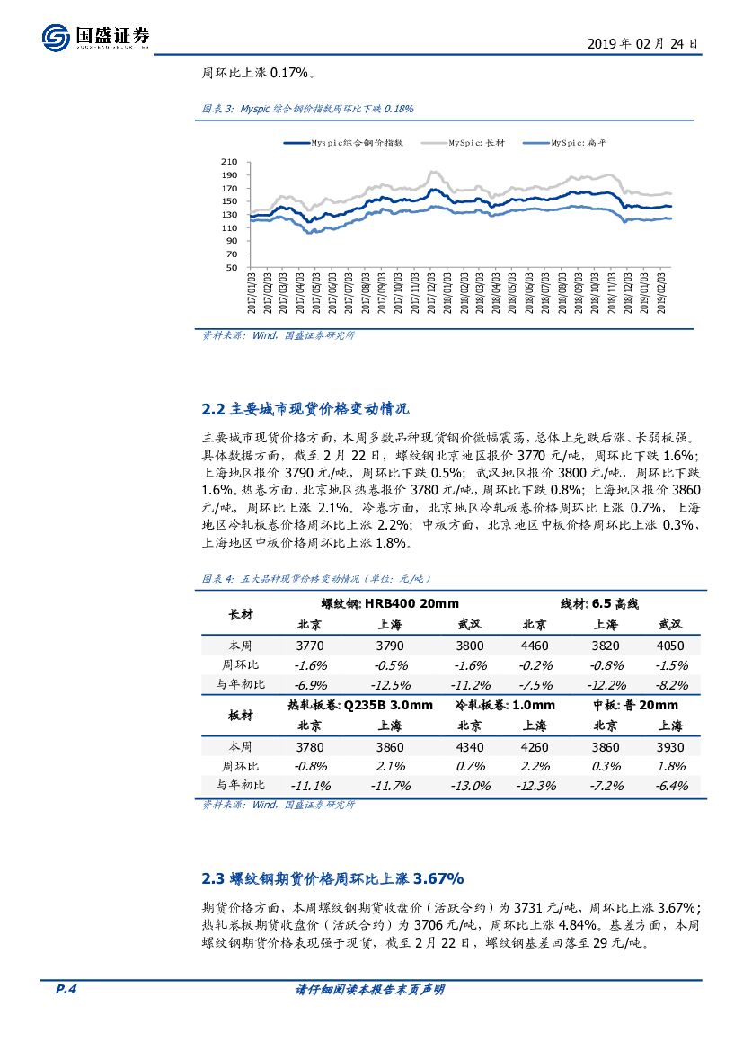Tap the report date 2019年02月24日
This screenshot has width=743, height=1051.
tap(642, 42)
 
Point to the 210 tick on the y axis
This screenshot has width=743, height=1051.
tap(229, 162)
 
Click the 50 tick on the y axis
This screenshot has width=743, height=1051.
tap(232, 267)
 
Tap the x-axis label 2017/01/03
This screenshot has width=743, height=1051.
tap(252, 295)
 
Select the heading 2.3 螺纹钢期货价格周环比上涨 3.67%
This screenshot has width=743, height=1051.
tap(332, 877)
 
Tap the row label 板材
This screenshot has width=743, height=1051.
tap(241, 715)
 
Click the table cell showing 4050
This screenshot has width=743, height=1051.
tap(670, 646)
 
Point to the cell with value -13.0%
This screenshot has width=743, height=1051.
tap(470, 785)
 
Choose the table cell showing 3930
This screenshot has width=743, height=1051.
tap(670, 747)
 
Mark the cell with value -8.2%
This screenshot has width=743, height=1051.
tap(670, 684)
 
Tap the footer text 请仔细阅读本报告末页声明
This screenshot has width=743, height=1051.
tap(370, 990)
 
